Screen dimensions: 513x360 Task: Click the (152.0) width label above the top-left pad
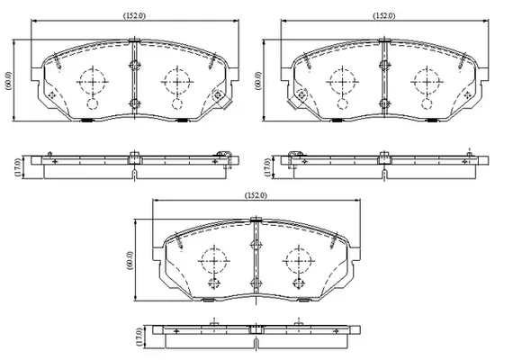pyautogui.click(x=134, y=15)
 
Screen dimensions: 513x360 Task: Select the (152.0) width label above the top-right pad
pyautogui.click(x=384, y=15)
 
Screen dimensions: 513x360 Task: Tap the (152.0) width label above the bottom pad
pyautogui.click(x=256, y=195)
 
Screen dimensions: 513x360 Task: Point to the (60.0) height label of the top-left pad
pyautogui.click(x=9, y=80)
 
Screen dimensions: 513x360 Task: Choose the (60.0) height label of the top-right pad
pyautogui.click(x=258, y=80)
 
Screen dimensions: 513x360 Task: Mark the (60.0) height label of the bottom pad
pyautogui.click(x=130, y=260)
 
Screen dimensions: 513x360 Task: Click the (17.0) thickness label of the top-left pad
pyautogui.click(x=18, y=167)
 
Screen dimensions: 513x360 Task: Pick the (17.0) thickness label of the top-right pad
pyautogui.click(x=268, y=167)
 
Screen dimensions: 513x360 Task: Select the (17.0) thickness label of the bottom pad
pyautogui.click(x=140, y=337)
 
